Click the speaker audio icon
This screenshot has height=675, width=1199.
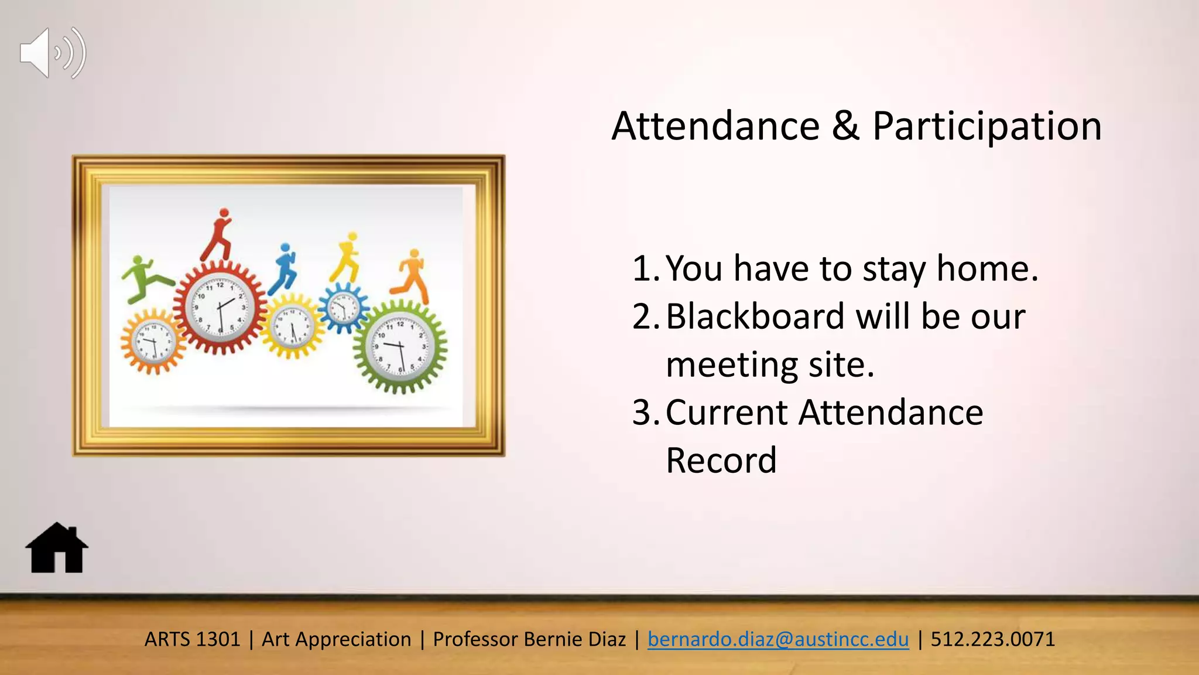click(x=53, y=53)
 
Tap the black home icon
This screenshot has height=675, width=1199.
click(x=57, y=548)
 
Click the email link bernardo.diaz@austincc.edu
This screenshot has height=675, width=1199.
click(x=778, y=639)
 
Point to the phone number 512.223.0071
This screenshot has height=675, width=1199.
click(x=993, y=639)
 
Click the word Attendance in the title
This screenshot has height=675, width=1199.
click(x=715, y=127)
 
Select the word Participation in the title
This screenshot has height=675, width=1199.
click(x=987, y=127)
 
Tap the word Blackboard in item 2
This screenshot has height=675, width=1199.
click(x=755, y=317)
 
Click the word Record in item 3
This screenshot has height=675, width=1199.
click(x=721, y=461)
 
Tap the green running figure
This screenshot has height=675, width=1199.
click(x=143, y=279)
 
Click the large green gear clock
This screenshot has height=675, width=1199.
click(x=400, y=347)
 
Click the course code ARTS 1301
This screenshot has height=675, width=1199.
click(x=192, y=639)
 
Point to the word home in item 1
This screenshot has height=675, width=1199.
click(x=987, y=269)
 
